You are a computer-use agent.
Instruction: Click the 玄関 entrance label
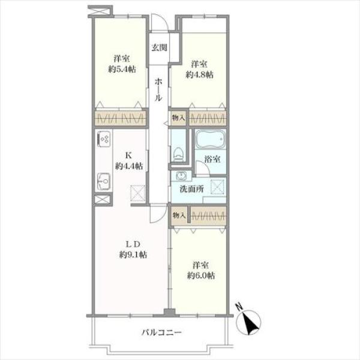[x=159, y=47]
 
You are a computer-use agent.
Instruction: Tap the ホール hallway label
[x=158, y=90]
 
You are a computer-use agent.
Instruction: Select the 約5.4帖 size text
[x=122, y=69]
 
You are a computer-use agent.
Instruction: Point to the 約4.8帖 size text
[x=199, y=74]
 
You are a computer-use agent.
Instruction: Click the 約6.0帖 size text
[x=200, y=275]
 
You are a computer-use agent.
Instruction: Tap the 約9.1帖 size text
[x=133, y=254]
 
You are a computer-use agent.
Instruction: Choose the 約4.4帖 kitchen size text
[x=129, y=166]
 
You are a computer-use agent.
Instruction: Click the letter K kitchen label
[x=128, y=155]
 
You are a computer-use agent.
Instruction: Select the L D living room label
[x=133, y=244]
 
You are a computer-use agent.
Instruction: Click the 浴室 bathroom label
[x=212, y=159]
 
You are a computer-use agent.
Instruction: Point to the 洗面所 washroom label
[x=192, y=189]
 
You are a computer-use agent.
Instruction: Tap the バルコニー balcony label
[x=161, y=332]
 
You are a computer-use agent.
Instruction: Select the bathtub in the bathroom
[x=211, y=139]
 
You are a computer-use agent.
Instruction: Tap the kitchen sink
[x=104, y=181]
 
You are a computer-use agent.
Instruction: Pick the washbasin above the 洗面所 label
[x=181, y=176]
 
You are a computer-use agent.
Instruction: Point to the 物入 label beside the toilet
[x=178, y=118]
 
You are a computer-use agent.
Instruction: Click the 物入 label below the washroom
[x=179, y=215]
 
